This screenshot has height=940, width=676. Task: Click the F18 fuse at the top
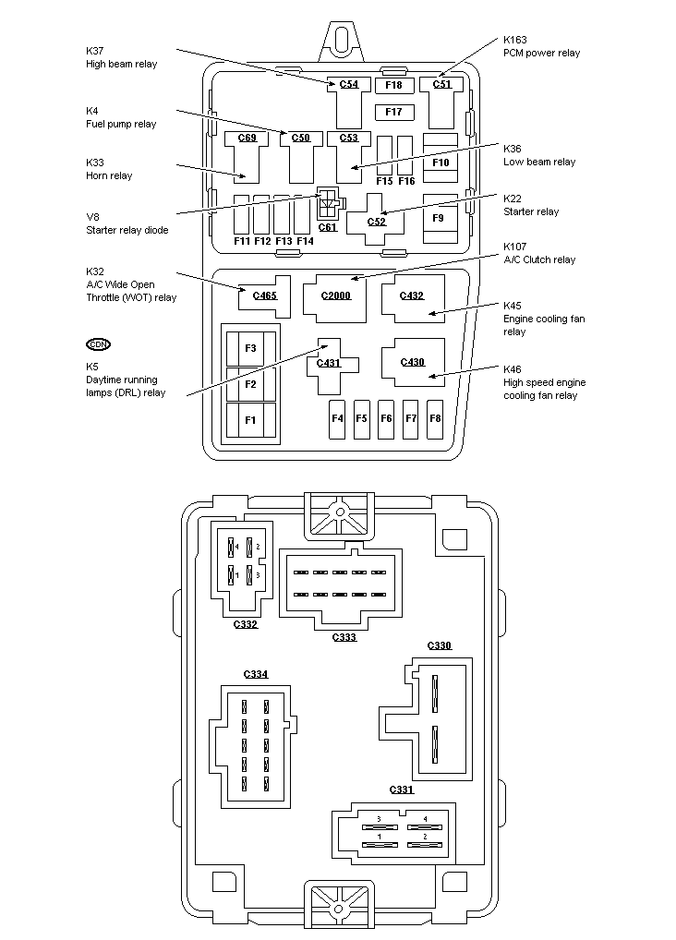394,85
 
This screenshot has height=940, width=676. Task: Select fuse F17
394,113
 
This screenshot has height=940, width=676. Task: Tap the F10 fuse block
441,163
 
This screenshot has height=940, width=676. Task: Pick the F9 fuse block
439,218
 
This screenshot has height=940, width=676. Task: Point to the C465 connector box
261,295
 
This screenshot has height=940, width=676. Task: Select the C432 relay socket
412,296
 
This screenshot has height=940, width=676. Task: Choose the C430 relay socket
412,362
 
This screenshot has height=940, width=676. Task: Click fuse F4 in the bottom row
338,418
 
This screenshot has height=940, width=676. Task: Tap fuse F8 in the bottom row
435,418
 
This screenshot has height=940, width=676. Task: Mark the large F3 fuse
250,348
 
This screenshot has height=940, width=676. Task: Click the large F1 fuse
250,420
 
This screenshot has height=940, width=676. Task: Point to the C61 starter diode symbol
328,204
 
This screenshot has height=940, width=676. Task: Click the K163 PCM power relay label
541,46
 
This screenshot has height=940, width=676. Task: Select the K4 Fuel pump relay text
121,117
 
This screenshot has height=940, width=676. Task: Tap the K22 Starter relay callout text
530,205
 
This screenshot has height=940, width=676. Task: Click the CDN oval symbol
98,344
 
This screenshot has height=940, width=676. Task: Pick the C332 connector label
245,624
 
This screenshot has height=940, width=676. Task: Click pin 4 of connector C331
425,819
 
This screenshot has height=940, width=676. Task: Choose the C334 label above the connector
256,674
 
